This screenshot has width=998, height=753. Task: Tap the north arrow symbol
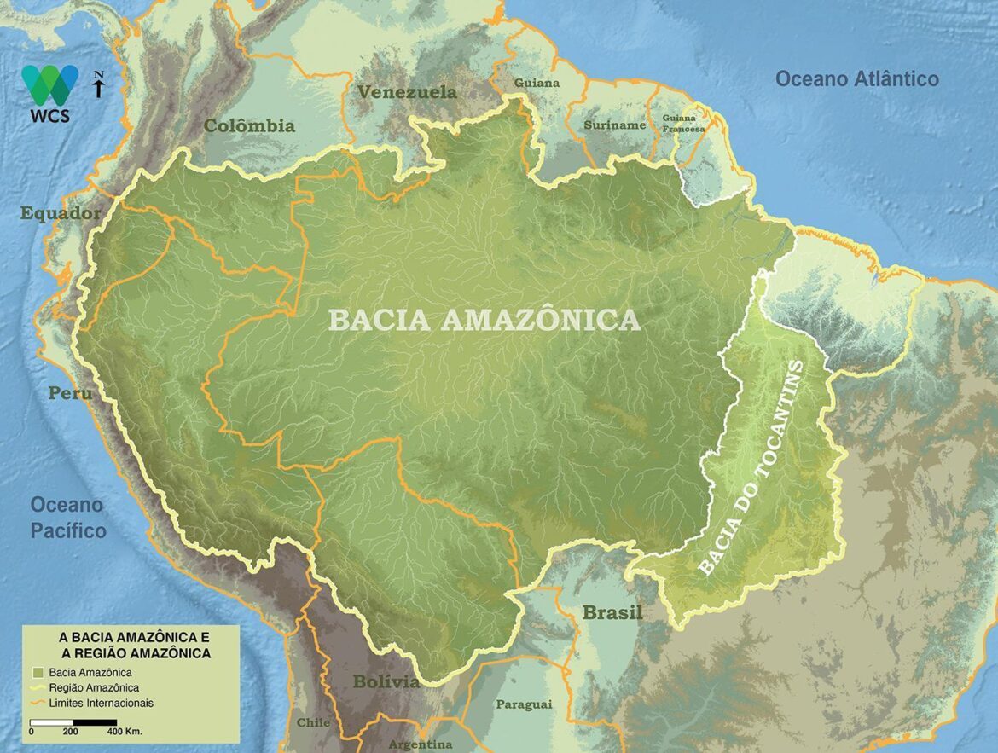(x=99, y=84)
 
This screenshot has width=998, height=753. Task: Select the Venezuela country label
(x=407, y=92)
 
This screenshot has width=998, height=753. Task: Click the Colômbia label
(x=249, y=126)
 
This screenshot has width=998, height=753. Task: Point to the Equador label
(x=61, y=213)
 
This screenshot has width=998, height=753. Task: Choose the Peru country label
(x=70, y=394)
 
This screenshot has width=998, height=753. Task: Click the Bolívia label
(x=386, y=682)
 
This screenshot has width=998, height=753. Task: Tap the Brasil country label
(x=612, y=613)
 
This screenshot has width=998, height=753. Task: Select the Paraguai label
(x=523, y=704)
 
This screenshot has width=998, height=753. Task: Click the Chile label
(x=313, y=723)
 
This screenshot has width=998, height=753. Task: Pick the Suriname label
(x=614, y=125)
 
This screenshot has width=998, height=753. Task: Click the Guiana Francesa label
(x=685, y=124)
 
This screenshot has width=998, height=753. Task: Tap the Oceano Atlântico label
(x=856, y=79)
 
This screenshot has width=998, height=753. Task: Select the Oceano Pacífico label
(x=67, y=518)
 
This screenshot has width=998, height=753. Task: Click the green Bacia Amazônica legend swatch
(x=38, y=673)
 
